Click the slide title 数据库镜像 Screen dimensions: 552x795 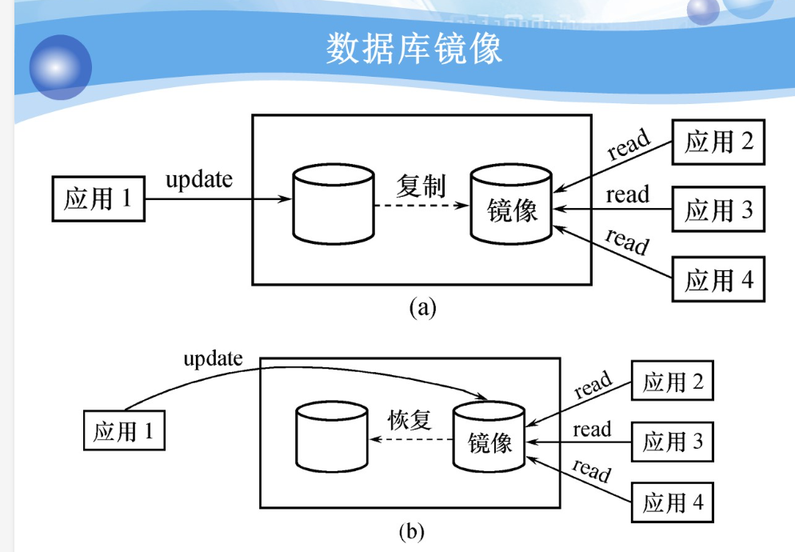click(413, 49)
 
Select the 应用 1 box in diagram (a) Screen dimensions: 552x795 click(98, 198)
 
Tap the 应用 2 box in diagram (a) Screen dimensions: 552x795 click(718, 142)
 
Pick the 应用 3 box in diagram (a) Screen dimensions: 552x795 click(718, 210)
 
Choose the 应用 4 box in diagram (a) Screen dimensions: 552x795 click(718, 279)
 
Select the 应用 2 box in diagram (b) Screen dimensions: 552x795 click(673, 382)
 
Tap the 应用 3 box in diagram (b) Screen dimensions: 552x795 click(673, 441)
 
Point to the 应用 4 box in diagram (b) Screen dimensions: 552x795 click(673, 502)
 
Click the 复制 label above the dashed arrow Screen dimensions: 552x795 click(421, 186)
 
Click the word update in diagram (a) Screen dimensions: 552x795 click(199, 179)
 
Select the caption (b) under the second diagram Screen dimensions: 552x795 click(411, 530)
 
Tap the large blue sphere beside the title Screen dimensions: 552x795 click(60, 66)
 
